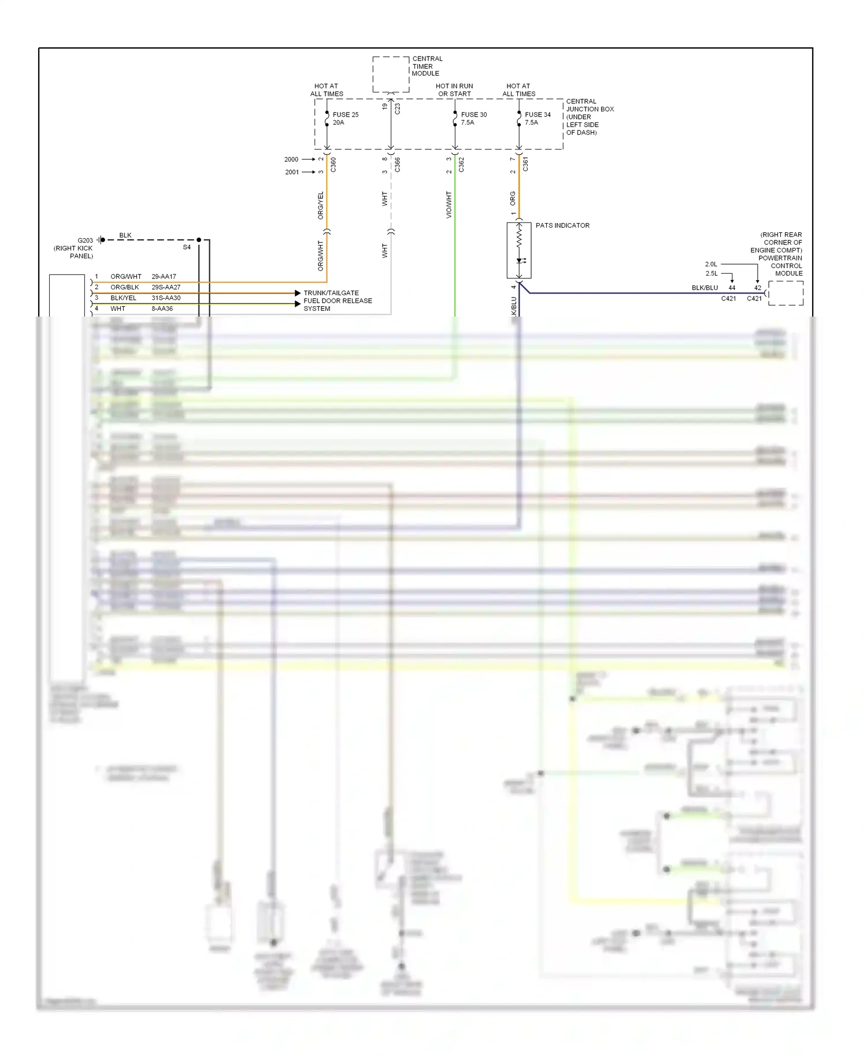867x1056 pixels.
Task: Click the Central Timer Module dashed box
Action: coord(391,74)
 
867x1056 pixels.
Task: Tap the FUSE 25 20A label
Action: coord(345,118)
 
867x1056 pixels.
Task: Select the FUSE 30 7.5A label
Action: coord(473,118)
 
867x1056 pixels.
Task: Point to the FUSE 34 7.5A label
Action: coord(537,118)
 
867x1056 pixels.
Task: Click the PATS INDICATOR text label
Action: coord(562,225)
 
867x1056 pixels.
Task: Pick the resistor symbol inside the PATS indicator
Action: coord(519,237)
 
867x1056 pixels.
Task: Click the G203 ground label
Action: coord(85,240)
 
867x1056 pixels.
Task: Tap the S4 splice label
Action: coord(187,247)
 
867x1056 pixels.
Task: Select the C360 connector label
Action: coord(334,165)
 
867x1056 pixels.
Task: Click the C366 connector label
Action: coord(398,165)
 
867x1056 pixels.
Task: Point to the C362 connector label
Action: coord(461,165)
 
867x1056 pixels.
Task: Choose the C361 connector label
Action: coord(525,165)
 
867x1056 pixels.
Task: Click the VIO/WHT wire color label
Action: coord(449,205)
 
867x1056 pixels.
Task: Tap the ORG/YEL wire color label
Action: coord(321,205)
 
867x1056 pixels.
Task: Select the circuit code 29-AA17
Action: coord(164,277)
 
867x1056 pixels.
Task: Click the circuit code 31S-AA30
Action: coord(166,298)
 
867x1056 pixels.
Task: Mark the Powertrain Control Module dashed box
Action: coord(786,293)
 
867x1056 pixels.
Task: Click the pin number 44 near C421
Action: coord(732,288)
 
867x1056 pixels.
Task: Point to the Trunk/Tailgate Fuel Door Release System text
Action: coord(338,301)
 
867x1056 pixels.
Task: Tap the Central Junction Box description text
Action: coord(590,117)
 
